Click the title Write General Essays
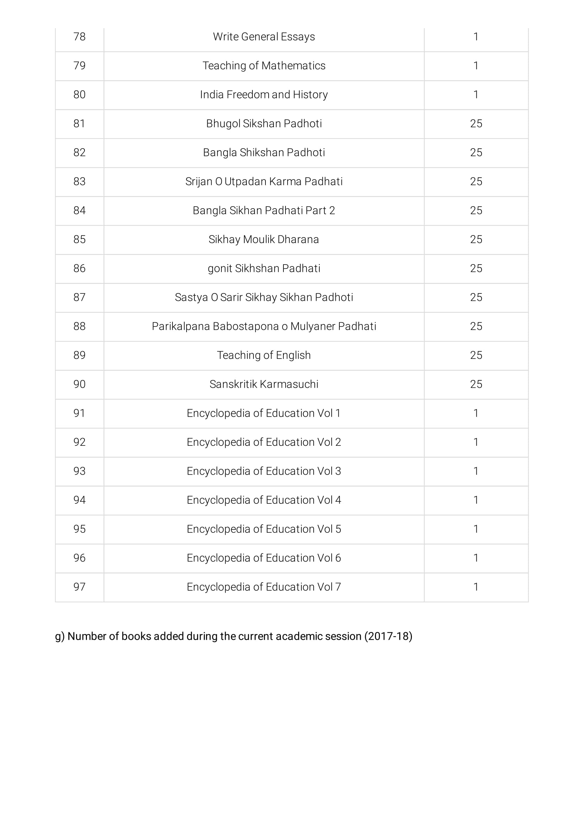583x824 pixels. click(x=264, y=37)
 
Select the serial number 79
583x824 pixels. click(x=79, y=66)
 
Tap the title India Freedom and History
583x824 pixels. click(x=264, y=94)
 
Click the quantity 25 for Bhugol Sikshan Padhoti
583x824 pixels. click(x=476, y=123)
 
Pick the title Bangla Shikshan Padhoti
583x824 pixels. click(x=264, y=153)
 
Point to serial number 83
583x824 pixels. click(x=79, y=181)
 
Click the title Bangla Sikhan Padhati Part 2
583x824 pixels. click(x=264, y=210)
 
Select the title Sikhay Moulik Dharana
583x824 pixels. click(x=264, y=239)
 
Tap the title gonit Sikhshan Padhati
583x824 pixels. click(x=264, y=268)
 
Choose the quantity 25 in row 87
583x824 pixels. click(x=476, y=297)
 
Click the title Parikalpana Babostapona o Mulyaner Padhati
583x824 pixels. click(x=264, y=326)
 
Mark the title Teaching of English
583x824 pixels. click(x=264, y=355)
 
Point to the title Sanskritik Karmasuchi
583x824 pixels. click(x=264, y=384)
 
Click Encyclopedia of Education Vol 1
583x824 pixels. click(x=264, y=413)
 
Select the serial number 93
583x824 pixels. click(x=79, y=471)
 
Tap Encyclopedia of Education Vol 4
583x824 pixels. click(x=264, y=500)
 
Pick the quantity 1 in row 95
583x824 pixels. click(x=476, y=529)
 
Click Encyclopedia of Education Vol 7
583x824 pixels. click(x=264, y=587)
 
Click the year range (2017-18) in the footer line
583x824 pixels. click(x=388, y=636)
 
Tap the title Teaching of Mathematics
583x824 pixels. click(x=264, y=66)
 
